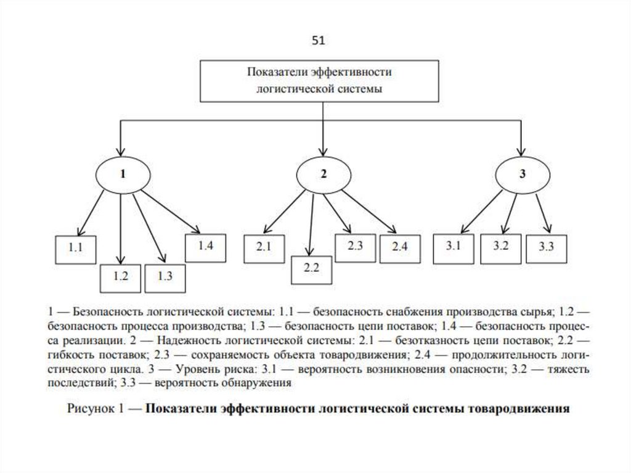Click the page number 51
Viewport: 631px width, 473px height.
click(x=318, y=41)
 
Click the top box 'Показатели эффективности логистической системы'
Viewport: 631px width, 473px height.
click(x=319, y=80)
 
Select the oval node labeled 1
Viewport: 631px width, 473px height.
click(x=123, y=175)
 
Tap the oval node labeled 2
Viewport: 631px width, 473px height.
click(x=324, y=175)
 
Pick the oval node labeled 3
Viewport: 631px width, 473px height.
click(x=523, y=175)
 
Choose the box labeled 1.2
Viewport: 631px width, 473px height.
click(x=121, y=276)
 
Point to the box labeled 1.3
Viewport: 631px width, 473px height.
click(x=165, y=276)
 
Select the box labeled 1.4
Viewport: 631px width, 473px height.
click(x=206, y=246)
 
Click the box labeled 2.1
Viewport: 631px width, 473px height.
click(x=264, y=247)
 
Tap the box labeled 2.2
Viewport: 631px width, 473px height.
click(x=312, y=268)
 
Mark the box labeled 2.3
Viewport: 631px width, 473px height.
click(x=355, y=246)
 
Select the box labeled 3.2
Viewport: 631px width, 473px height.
click(x=500, y=247)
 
